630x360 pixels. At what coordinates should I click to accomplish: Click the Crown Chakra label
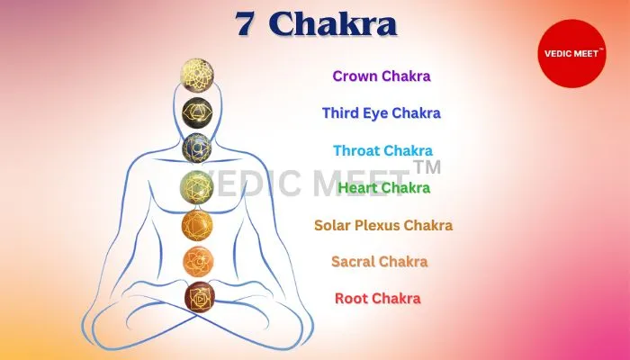point(382,76)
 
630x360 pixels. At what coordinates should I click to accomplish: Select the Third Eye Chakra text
point(382,113)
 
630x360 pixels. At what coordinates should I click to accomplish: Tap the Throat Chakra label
point(382,150)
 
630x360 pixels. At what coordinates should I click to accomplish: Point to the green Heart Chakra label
point(384,187)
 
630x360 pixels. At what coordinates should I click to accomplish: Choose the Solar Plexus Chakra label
point(383,225)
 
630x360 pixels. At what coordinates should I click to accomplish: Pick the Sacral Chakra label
point(379,262)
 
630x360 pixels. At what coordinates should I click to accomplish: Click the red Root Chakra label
point(378,299)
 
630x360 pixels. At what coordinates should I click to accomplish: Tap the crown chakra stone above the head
point(197,75)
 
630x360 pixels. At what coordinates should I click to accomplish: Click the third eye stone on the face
point(197,112)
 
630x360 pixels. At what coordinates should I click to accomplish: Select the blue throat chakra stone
point(197,148)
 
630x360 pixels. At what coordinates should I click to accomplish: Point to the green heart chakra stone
point(196,187)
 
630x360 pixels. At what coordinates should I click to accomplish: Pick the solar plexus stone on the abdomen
point(197,225)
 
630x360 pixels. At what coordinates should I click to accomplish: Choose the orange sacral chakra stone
point(198,262)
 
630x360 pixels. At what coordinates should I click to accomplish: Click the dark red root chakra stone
point(200,298)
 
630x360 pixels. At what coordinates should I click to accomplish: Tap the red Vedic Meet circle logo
point(571,53)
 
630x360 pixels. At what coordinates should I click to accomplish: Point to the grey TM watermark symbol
point(427,166)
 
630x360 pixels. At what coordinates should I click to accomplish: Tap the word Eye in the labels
point(376,113)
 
